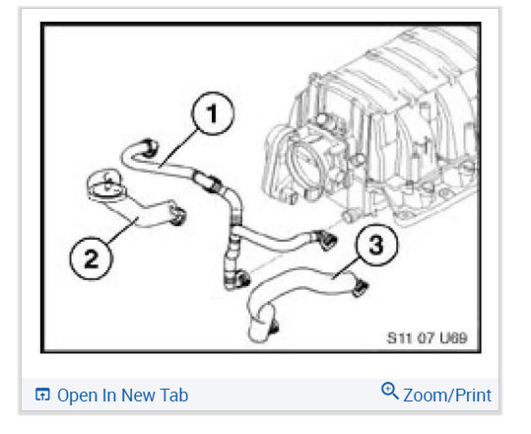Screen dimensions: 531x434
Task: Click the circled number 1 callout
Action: pos(213,113)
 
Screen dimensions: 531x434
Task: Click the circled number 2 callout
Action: pos(91,258)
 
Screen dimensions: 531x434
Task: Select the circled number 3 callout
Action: pos(376,246)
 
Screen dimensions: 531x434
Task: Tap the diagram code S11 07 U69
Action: pos(427,337)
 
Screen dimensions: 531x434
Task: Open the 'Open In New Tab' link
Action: pos(122,395)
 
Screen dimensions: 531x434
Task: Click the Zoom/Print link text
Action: pos(447,395)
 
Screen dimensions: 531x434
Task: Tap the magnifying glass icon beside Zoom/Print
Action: pos(390,391)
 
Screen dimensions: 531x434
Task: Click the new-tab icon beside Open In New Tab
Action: pos(42,395)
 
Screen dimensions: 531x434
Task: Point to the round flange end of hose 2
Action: pos(106,185)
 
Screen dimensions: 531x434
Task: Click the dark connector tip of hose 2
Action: pos(177,215)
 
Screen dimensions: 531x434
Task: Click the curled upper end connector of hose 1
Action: pos(149,147)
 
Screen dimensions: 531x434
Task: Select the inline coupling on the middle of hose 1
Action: pos(207,181)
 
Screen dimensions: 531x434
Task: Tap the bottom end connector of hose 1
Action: pos(241,279)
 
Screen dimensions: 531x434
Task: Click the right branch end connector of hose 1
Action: pos(326,240)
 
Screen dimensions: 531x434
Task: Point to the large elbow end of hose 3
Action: pos(261,326)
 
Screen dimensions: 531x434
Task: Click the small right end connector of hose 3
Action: pos(360,288)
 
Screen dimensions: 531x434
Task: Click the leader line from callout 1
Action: pos(177,148)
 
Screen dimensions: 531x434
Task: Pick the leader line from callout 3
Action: pos(346,268)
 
